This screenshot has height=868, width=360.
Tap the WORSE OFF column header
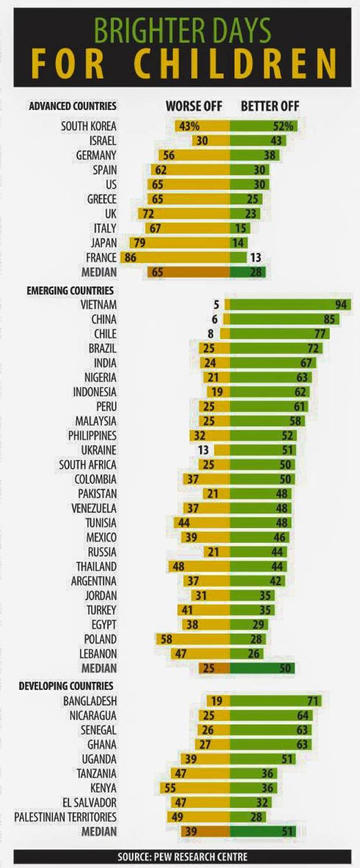tap(194, 106)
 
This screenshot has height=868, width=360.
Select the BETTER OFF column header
tap(270, 106)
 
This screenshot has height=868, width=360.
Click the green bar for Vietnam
tap(290, 305)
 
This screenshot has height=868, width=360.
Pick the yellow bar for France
tap(175, 257)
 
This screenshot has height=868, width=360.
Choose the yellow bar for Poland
tap(192, 639)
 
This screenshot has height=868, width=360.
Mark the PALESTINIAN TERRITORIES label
tap(65, 817)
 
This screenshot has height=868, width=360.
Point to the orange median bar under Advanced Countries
tap(188, 272)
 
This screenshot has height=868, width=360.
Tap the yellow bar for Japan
tap(180, 243)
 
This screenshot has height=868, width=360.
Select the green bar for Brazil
tap(275, 348)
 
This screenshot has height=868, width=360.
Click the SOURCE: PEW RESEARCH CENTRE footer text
tap(183, 857)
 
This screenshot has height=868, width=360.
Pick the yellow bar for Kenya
tap(194, 787)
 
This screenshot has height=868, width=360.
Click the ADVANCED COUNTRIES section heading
tap(73, 106)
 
